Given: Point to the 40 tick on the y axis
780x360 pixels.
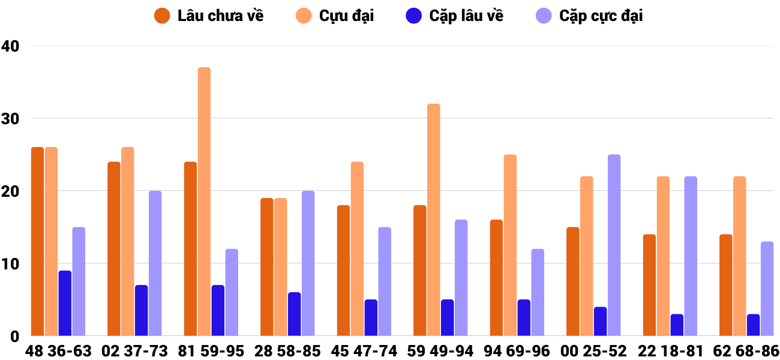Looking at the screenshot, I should [x=10, y=46].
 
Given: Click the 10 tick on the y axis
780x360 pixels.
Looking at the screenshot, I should [x=10, y=263].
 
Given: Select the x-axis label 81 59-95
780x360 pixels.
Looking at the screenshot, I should [x=211, y=351].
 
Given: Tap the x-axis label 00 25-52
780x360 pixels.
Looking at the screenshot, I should [x=594, y=351].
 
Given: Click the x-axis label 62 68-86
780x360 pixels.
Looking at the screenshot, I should [x=746, y=351].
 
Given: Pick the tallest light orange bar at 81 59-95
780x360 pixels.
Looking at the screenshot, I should [x=204, y=201].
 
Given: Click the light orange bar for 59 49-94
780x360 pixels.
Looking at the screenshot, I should [x=434, y=220].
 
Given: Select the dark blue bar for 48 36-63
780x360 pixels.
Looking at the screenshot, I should [x=65, y=303].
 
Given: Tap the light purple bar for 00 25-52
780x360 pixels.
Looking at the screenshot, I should [x=614, y=245].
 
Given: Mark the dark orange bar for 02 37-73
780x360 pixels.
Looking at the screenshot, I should [x=114, y=248].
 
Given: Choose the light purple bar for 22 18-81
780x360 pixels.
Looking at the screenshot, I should [x=691, y=256].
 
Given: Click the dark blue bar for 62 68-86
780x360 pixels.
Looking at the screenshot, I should [x=753, y=325].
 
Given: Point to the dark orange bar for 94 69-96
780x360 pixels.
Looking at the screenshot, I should [x=496, y=277].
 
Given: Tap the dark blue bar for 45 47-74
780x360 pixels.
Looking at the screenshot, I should [x=371, y=317].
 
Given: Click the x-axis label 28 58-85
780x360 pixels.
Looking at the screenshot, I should [x=288, y=351].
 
